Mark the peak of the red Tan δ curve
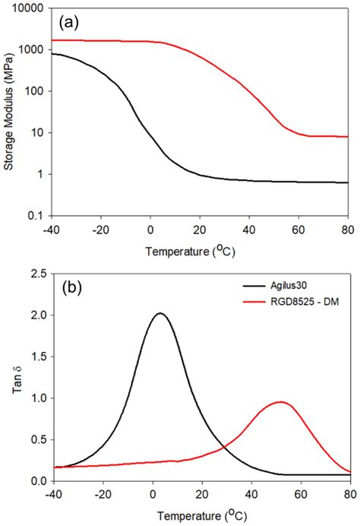pos(281,402)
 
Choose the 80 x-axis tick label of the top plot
pos(348,229)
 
